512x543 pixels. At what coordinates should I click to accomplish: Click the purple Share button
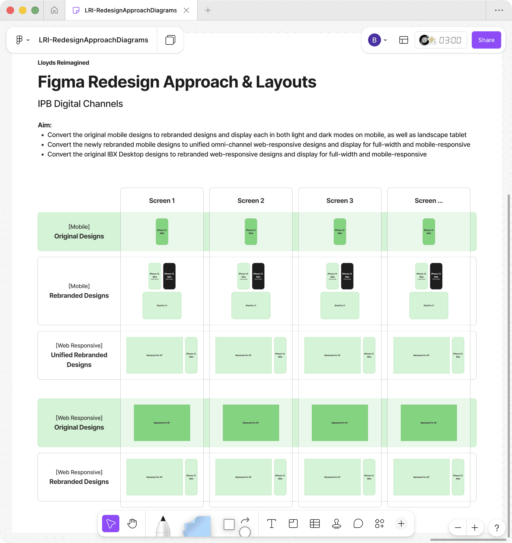click(486, 40)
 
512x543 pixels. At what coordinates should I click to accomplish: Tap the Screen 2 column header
click(251, 201)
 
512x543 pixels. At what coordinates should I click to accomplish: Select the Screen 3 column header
click(339, 201)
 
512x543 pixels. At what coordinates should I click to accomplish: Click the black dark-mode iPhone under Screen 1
click(169, 276)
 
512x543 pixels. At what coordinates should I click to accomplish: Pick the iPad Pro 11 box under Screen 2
click(251, 305)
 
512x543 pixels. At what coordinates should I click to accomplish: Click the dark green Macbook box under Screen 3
click(339, 423)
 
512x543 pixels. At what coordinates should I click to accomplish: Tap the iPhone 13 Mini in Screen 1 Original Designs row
click(162, 232)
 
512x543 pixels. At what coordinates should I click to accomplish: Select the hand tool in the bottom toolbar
click(132, 523)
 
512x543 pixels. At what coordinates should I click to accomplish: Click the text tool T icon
click(271, 523)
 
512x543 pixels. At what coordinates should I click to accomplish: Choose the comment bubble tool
click(358, 523)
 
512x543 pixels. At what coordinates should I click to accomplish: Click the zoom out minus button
click(458, 527)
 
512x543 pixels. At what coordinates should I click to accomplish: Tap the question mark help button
click(497, 527)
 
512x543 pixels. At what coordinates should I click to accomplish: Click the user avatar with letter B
click(374, 40)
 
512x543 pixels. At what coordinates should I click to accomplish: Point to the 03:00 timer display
click(450, 40)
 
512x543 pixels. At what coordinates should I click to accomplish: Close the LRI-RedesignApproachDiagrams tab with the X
click(186, 10)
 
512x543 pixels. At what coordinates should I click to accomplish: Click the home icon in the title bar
click(54, 10)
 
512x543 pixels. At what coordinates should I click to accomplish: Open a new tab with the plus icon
click(208, 10)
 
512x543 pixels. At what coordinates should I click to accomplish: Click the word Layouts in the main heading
click(286, 82)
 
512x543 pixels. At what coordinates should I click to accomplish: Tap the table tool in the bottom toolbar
click(315, 523)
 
